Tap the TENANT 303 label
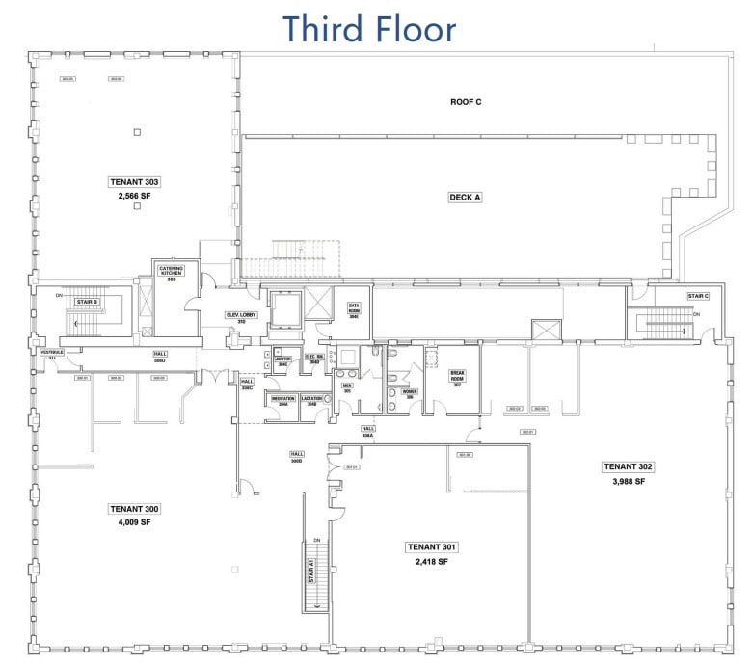[134, 181]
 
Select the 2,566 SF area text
[134, 195]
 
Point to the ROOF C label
[466, 101]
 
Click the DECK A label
[465, 197]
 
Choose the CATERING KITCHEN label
[171, 272]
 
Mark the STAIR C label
[698, 296]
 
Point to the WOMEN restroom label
[409, 393]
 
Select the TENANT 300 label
[134, 509]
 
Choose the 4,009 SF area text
[134, 522]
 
